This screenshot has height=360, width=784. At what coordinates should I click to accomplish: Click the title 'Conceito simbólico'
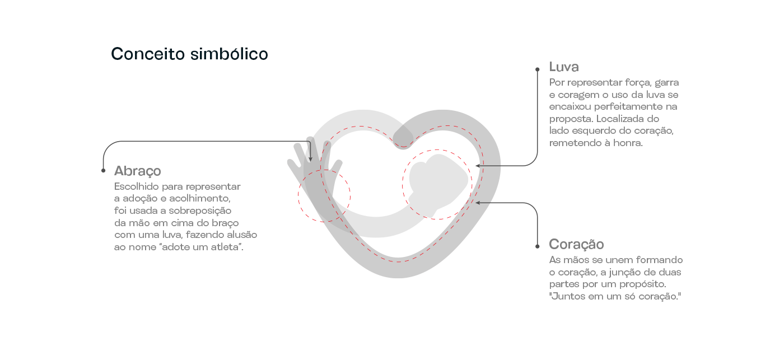click(189, 54)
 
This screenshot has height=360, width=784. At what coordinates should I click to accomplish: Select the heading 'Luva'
click(564, 67)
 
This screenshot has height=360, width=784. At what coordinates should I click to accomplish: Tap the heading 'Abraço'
click(138, 171)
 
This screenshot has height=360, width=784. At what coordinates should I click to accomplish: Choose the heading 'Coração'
click(576, 245)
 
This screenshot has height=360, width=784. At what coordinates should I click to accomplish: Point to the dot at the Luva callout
click(537, 69)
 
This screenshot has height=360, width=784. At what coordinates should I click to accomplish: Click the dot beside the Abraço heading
click(103, 170)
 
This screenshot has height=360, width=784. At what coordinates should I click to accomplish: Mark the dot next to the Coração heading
click(537, 246)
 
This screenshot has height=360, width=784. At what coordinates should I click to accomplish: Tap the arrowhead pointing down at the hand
click(310, 160)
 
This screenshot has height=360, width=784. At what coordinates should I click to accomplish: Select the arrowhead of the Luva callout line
click(478, 166)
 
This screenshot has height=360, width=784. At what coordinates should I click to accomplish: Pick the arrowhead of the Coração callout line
click(478, 203)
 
